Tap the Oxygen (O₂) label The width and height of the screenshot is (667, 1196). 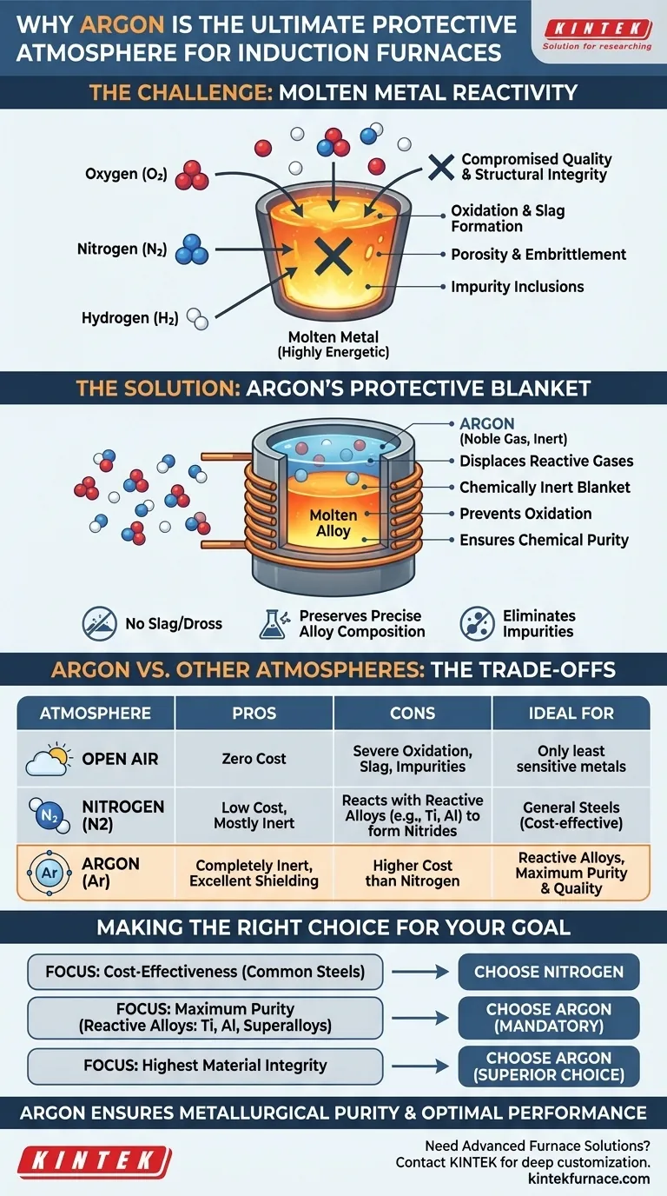click(x=125, y=175)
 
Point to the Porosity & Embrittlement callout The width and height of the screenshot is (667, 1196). click(x=538, y=255)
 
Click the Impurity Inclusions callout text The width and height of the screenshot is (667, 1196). click(x=517, y=287)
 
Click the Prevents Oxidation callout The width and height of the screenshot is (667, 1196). click(x=525, y=514)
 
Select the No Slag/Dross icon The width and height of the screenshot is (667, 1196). click(x=99, y=622)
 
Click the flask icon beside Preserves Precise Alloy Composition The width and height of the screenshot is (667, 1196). click(x=273, y=623)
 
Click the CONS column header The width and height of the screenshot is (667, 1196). click(x=413, y=714)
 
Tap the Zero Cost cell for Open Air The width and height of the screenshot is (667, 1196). click(x=254, y=758)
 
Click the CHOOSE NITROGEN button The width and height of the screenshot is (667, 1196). click(x=548, y=972)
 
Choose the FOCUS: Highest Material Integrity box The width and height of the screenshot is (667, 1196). click(x=205, y=1065)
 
